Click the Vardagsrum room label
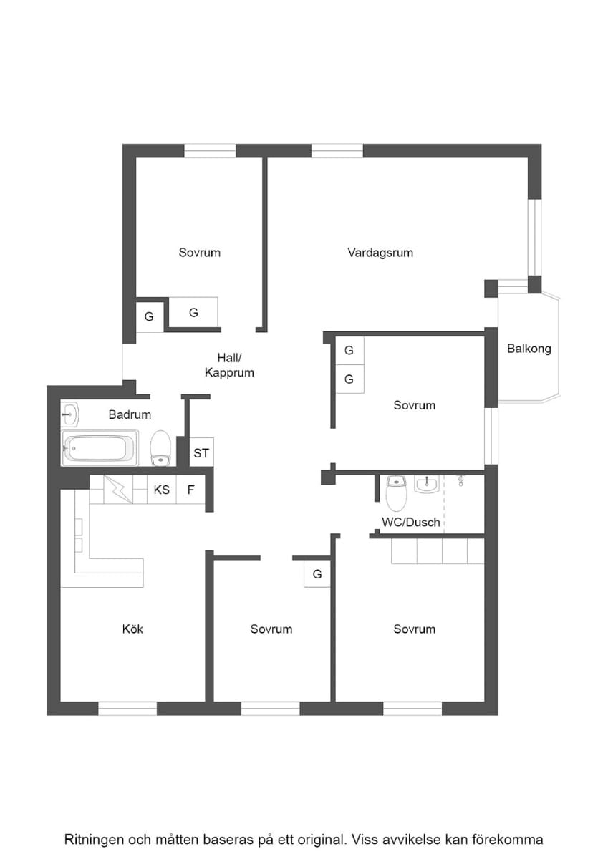[x=380, y=253]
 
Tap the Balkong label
[x=529, y=349]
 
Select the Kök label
[x=132, y=629]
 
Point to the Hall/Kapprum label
[x=229, y=365]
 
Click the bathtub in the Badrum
[x=100, y=448]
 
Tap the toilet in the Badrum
[x=160, y=448]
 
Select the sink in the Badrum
[x=69, y=414]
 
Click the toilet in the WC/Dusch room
[x=396, y=493]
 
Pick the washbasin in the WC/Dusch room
[x=427, y=485]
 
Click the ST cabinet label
[x=201, y=453]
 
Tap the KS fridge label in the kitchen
[x=162, y=490]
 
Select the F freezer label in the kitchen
[x=190, y=490]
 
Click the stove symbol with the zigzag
[x=119, y=490]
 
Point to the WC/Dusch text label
[x=411, y=523]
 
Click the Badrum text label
[x=130, y=414]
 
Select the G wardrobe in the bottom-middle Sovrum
[x=317, y=574]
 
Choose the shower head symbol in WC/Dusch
[x=460, y=480]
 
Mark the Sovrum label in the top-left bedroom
[x=200, y=253]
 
